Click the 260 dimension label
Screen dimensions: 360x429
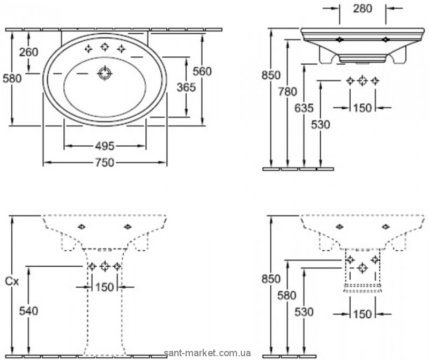click(x=28, y=52)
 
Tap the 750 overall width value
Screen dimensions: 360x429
click(x=104, y=163)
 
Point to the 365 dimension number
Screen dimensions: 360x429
click(x=186, y=87)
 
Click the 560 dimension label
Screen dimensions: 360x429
click(x=202, y=71)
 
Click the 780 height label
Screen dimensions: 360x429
click(x=287, y=92)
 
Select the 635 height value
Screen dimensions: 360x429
click(x=304, y=108)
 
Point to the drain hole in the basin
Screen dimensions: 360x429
click(x=104, y=73)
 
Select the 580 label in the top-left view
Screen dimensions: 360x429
click(x=12, y=78)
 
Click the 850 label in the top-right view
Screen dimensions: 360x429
click(x=271, y=76)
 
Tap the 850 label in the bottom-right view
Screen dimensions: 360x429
click(x=271, y=279)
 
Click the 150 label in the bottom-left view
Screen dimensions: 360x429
click(x=105, y=287)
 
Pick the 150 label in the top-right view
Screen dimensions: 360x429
click(x=363, y=108)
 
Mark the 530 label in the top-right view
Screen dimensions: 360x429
click(x=320, y=124)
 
